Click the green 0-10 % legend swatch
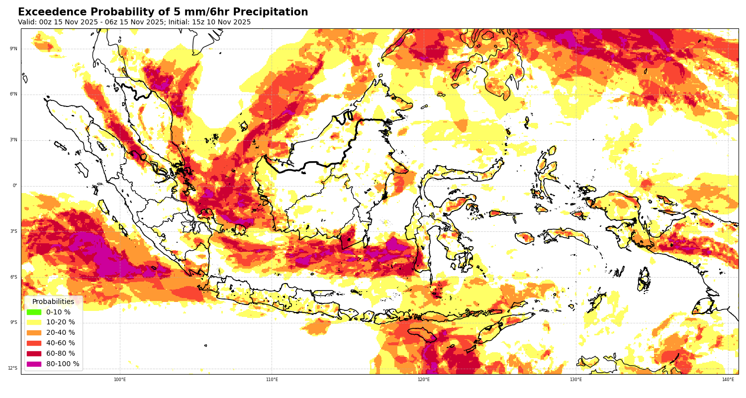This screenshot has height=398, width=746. tap(34, 312)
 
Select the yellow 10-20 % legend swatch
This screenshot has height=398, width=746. tap(34, 322)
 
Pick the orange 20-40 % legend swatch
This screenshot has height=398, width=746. tap(34, 333)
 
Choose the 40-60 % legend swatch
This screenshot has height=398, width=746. tap(34, 343)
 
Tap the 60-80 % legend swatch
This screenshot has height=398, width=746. tap(34, 354)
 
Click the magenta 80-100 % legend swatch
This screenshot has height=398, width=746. tap(34, 364)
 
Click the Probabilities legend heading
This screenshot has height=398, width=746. tap(53, 301)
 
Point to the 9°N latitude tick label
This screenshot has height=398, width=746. tap(13, 49)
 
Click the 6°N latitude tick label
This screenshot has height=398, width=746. tap(13, 94)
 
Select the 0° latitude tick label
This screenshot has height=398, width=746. tap(15, 186)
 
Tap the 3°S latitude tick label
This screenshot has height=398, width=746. tap(13, 231)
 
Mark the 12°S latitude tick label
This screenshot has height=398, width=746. tap(12, 368)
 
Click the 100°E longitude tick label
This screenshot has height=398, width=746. tap(120, 380)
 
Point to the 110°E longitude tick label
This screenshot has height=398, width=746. tap(272, 380)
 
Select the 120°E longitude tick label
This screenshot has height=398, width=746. tap(424, 380)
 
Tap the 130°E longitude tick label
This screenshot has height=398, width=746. tap(576, 380)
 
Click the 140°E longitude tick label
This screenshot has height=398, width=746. tap(728, 380)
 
